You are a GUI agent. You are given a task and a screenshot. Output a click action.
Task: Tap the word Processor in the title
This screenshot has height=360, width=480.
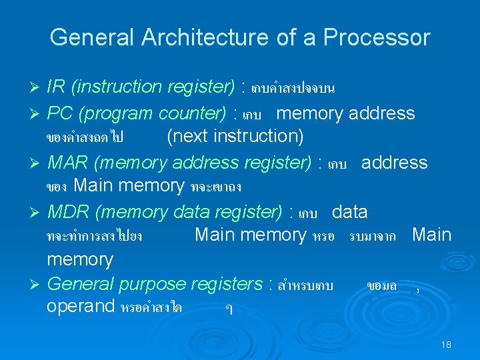[x=377, y=37]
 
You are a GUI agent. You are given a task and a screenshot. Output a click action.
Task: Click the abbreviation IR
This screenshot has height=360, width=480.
[x=57, y=87]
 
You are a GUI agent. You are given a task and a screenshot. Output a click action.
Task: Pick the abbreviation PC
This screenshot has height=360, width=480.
[x=61, y=113]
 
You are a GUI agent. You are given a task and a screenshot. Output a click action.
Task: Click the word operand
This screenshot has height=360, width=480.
[x=81, y=307]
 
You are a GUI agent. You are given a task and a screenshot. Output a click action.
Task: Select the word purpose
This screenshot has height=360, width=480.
[x=153, y=285]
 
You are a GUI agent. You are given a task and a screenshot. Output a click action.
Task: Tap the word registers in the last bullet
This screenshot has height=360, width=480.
[x=227, y=285]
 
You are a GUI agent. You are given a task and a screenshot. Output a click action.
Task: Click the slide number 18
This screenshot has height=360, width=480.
[x=446, y=345]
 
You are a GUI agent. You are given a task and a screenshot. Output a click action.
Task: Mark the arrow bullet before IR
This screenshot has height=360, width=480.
[x=37, y=88]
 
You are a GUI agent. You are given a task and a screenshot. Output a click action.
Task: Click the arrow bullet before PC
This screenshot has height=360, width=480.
[x=37, y=115]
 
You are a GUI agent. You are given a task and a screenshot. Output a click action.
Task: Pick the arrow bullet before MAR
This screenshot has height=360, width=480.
[x=37, y=164]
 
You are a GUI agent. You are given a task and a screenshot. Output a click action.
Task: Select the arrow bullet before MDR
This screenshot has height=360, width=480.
[x=37, y=213]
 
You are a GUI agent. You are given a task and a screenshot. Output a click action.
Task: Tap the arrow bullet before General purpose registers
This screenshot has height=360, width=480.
[x=37, y=285]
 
